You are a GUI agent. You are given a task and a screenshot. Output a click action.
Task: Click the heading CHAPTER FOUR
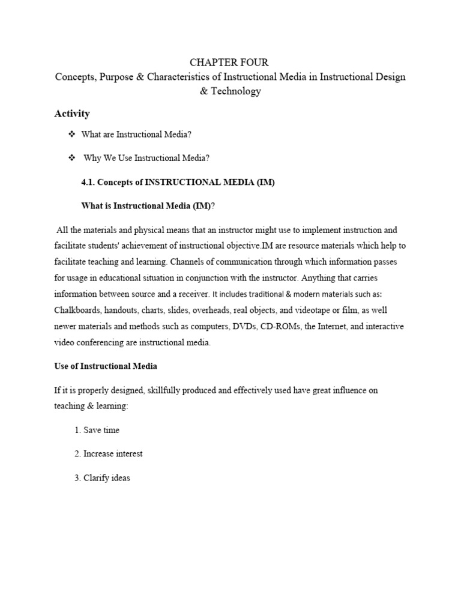pos(229,62)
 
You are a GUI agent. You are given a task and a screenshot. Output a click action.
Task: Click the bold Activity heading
pos(71,114)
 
